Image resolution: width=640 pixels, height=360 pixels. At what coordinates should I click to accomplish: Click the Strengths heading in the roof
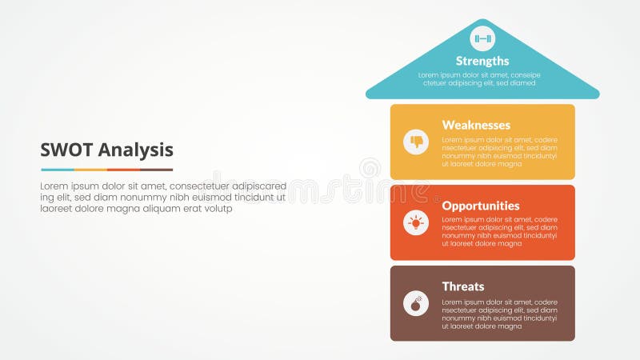click(482, 61)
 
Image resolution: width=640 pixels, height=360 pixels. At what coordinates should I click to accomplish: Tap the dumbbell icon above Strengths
click(482, 38)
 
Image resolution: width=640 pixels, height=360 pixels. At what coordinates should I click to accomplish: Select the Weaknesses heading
click(476, 125)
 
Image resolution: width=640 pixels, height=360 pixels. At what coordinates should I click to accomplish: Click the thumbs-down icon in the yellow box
click(416, 142)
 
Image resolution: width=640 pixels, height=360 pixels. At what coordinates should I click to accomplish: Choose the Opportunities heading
click(481, 206)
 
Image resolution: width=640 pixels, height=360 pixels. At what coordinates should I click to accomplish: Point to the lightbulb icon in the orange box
click(416, 222)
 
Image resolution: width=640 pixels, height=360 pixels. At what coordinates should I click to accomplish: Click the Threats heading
click(463, 286)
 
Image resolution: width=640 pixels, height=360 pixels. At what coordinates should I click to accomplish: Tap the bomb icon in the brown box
click(416, 303)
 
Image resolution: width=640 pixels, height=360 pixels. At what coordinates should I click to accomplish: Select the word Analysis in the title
click(135, 150)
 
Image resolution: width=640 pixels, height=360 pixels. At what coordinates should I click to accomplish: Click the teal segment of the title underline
click(57, 170)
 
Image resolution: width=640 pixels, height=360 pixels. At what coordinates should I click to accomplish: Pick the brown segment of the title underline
click(156, 170)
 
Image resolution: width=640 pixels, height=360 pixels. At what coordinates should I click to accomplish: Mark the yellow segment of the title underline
click(90, 170)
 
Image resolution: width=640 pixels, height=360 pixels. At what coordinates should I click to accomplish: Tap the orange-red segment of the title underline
click(123, 170)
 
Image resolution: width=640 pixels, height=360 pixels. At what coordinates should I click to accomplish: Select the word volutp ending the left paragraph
click(216, 208)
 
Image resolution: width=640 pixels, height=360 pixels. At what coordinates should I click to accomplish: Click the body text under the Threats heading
click(499, 314)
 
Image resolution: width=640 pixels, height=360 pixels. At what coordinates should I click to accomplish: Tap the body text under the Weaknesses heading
click(499, 152)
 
